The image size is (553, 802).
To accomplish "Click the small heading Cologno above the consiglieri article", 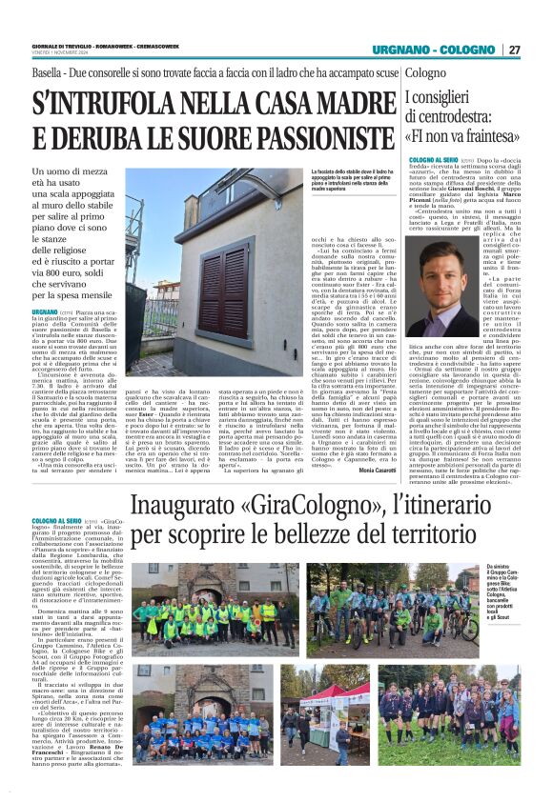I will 425,72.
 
